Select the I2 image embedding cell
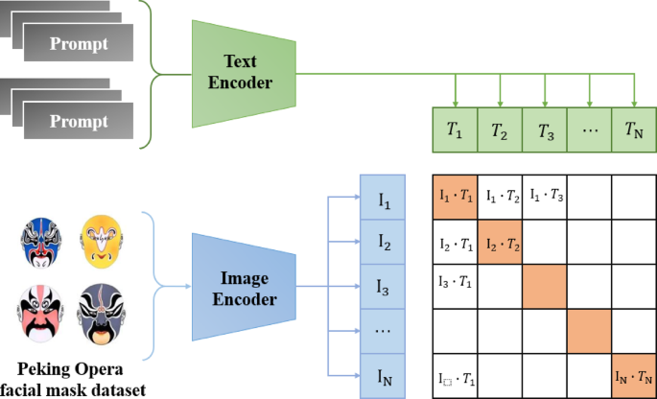coord(385,243)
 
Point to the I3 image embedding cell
coord(385,287)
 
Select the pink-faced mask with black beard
coord(40,316)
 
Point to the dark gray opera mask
coord(102,316)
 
